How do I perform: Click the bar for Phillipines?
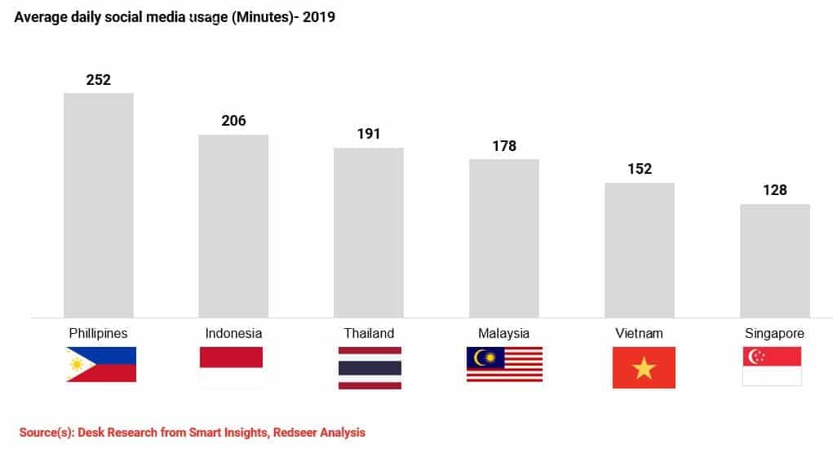pyautogui.click(x=99, y=205)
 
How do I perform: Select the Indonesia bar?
pyautogui.click(x=233, y=225)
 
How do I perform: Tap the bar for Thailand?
pyautogui.click(x=369, y=233)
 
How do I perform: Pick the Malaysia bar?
pyautogui.click(x=503, y=238)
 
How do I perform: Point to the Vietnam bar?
pyautogui.click(x=639, y=250)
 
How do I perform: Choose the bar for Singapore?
pyautogui.click(x=774, y=260)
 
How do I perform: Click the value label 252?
pyautogui.click(x=99, y=80)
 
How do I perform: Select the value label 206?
pyautogui.click(x=233, y=121)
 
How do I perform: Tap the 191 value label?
pyautogui.click(x=369, y=134)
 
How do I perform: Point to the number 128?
pyautogui.click(x=774, y=190)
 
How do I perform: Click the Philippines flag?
pyautogui.click(x=101, y=365)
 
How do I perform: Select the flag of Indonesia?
pyautogui.click(x=232, y=366)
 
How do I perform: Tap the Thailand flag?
pyautogui.click(x=370, y=367)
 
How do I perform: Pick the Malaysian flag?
pyautogui.click(x=504, y=364)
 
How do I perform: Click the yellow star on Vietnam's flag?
pyautogui.click(x=644, y=368)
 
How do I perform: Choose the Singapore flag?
pyautogui.click(x=772, y=366)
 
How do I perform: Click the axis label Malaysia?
pyautogui.click(x=503, y=333)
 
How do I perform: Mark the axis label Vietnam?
pyautogui.click(x=639, y=333)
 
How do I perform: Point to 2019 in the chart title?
pyautogui.click(x=319, y=17)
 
